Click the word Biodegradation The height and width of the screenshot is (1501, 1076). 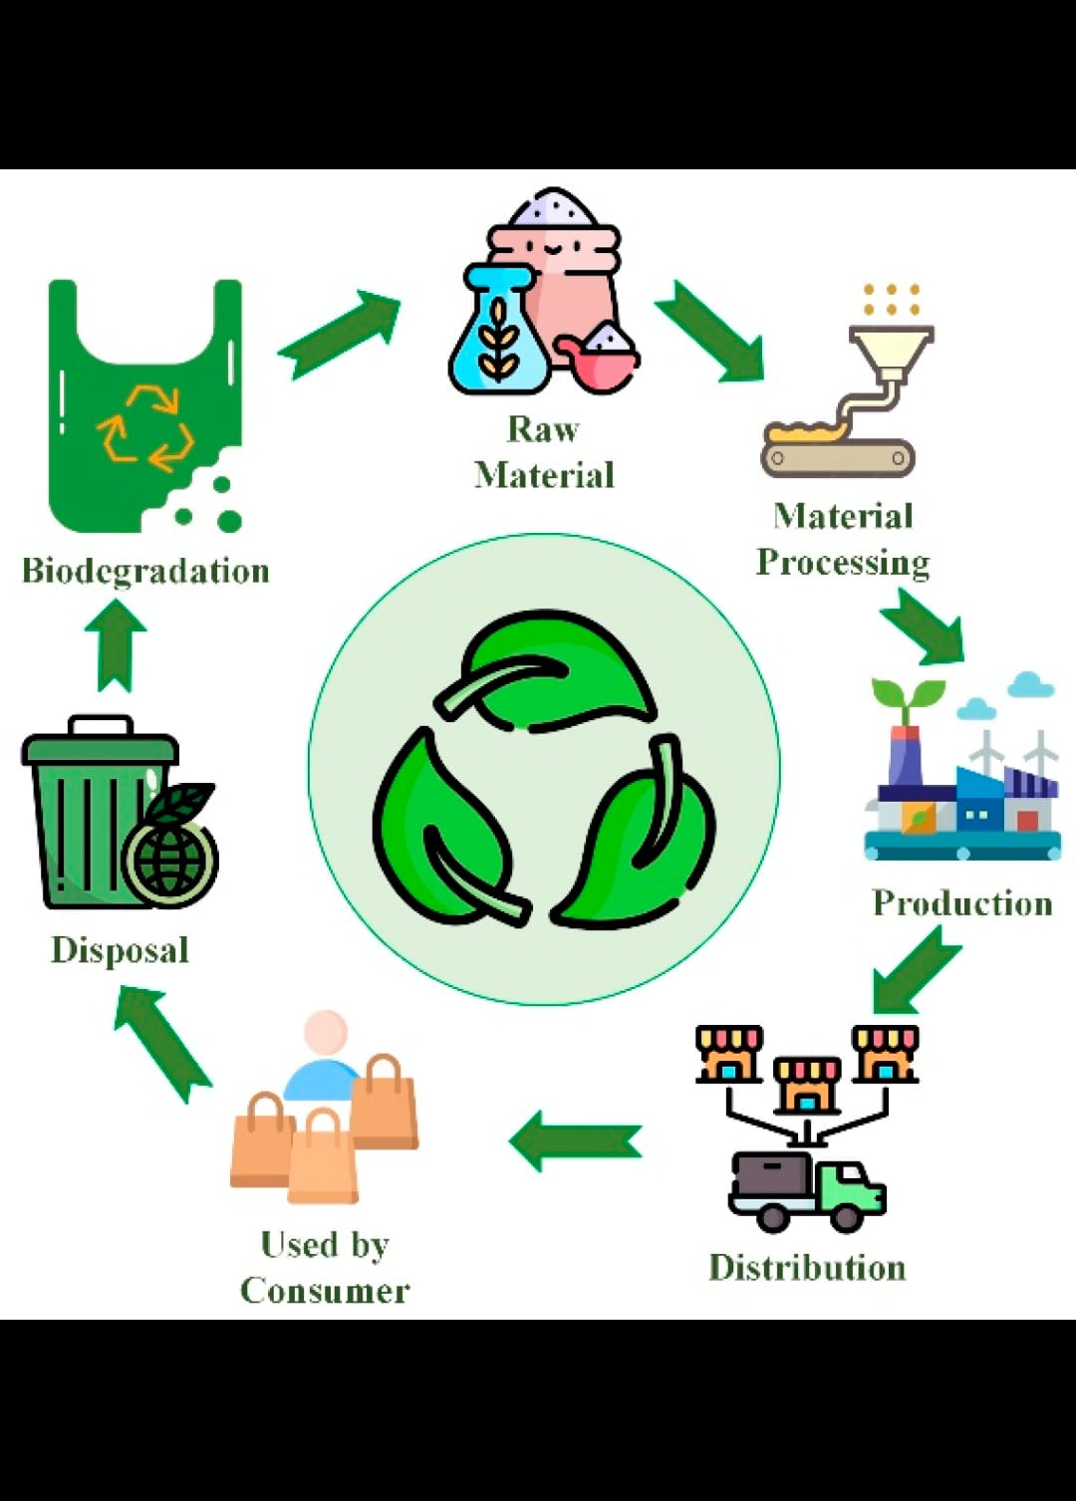(x=145, y=572)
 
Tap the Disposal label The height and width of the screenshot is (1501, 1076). (x=120, y=950)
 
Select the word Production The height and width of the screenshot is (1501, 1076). (x=962, y=903)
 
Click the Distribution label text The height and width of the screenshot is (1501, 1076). (x=807, y=1268)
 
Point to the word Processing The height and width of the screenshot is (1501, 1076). (x=843, y=563)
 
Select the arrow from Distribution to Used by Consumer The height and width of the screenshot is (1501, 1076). (x=575, y=1140)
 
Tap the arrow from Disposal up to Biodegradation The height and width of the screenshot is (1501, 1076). (x=116, y=644)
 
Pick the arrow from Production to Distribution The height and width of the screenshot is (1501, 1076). (x=915, y=968)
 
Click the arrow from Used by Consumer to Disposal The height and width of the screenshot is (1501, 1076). (x=162, y=1042)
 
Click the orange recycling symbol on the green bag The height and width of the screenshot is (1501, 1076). (x=145, y=428)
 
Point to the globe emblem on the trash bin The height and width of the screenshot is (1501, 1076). (x=170, y=858)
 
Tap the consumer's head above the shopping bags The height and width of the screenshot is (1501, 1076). (x=326, y=1033)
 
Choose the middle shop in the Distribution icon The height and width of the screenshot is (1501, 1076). (x=807, y=1086)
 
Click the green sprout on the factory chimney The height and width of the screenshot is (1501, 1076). (x=907, y=697)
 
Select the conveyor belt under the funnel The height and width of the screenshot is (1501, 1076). (x=837, y=458)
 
